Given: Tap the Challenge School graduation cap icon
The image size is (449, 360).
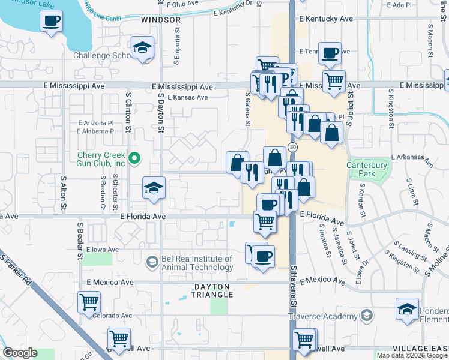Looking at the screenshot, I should pos(143,49).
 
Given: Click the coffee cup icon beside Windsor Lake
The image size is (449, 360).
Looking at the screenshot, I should pos(51,22).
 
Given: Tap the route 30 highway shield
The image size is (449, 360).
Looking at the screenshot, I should pos(292,146).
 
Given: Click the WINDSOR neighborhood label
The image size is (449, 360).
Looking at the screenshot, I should pos(161,20).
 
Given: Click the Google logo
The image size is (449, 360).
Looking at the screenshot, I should pos(20,353).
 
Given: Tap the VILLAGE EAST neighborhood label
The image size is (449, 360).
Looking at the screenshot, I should pos(421,349).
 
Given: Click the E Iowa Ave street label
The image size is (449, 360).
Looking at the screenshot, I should pos(104,249).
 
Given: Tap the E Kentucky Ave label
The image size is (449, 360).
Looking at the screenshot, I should pos(326,19).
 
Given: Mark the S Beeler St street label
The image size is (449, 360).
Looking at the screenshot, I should pos(79,240).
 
